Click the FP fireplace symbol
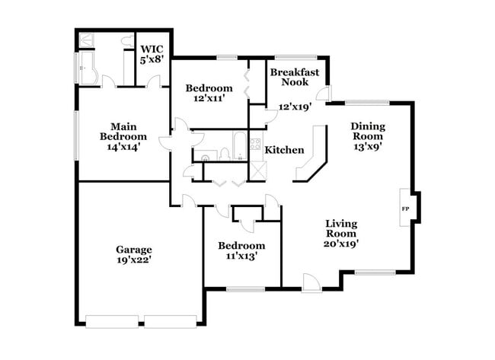(404, 208)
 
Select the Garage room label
(134, 249)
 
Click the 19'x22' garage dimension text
(134, 260)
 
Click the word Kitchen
(284, 150)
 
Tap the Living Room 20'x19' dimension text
(342, 244)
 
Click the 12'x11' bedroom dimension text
(209, 99)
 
